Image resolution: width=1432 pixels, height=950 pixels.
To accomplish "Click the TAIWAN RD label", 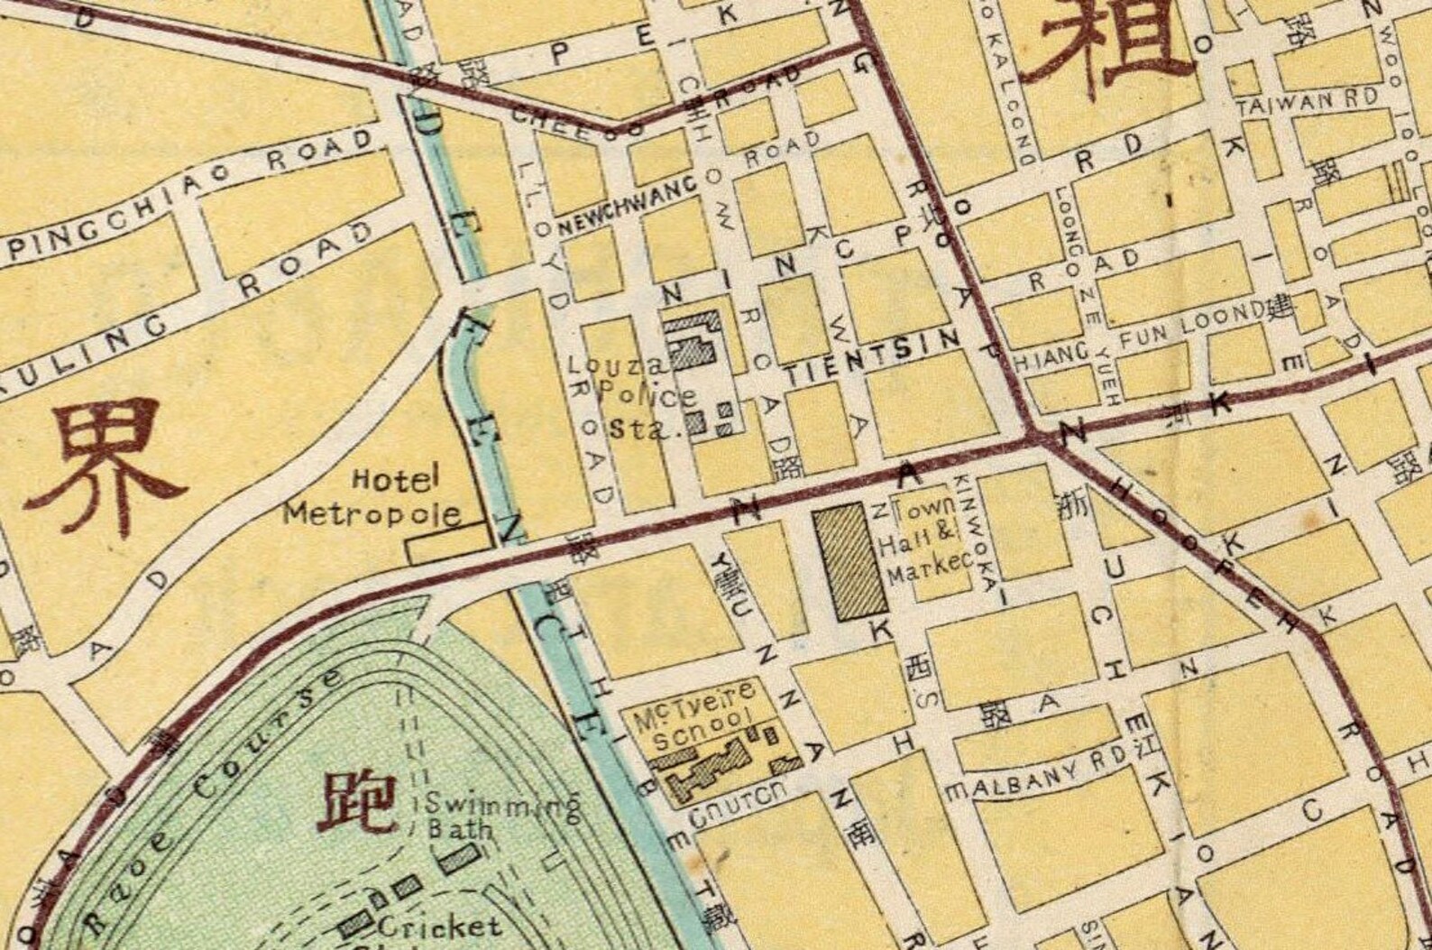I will (1308, 102).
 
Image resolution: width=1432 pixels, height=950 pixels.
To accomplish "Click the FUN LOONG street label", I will (1192, 330).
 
